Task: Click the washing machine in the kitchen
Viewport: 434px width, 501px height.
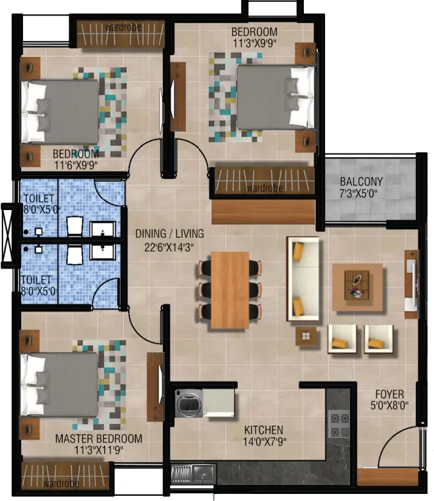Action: [188, 403]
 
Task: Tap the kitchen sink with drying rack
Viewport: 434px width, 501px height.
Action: [193, 474]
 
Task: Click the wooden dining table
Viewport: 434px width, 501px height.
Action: [230, 290]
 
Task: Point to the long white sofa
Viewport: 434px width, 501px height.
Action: [303, 279]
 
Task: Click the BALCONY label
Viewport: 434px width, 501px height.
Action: [362, 182]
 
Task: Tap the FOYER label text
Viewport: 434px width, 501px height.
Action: [390, 394]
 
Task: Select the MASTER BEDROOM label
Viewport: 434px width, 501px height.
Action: [99, 439]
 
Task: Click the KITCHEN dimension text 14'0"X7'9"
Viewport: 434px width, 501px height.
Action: [265, 442]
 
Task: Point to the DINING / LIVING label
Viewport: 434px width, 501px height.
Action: [170, 234]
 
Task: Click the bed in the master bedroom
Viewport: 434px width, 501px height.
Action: [59, 385]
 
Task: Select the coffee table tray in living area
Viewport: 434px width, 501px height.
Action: [357, 285]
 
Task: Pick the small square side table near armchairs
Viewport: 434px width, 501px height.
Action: [306, 336]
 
